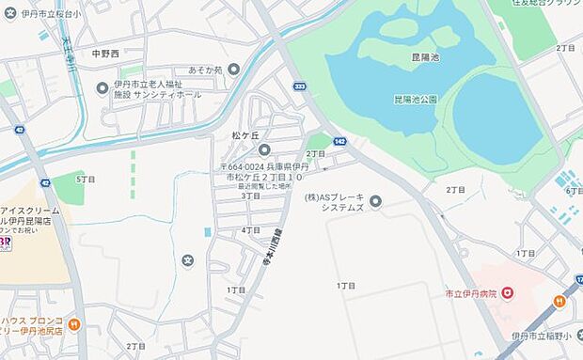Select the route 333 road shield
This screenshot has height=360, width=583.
(x=299, y=86)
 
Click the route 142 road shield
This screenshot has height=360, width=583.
(x=339, y=141)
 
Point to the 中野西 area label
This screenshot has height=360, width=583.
(x=107, y=54)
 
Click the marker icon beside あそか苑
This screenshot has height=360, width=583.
(x=233, y=69)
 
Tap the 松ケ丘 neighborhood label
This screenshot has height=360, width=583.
(x=244, y=135)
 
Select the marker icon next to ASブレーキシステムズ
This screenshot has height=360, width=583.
(x=376, y=200)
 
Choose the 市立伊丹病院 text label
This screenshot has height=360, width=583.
(x=473, y=293)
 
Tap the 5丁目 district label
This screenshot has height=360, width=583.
(x=86, y=178)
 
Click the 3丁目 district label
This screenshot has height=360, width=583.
(x=250, y=196)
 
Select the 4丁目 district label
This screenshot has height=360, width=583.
(x=250, y=229)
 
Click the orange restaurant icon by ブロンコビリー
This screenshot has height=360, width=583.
(x=73, y=326)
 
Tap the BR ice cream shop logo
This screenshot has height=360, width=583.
(x=6, y=243)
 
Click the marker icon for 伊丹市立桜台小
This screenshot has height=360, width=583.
(x=11, y=13)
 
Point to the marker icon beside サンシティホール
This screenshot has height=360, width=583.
(x=102, y=88)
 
